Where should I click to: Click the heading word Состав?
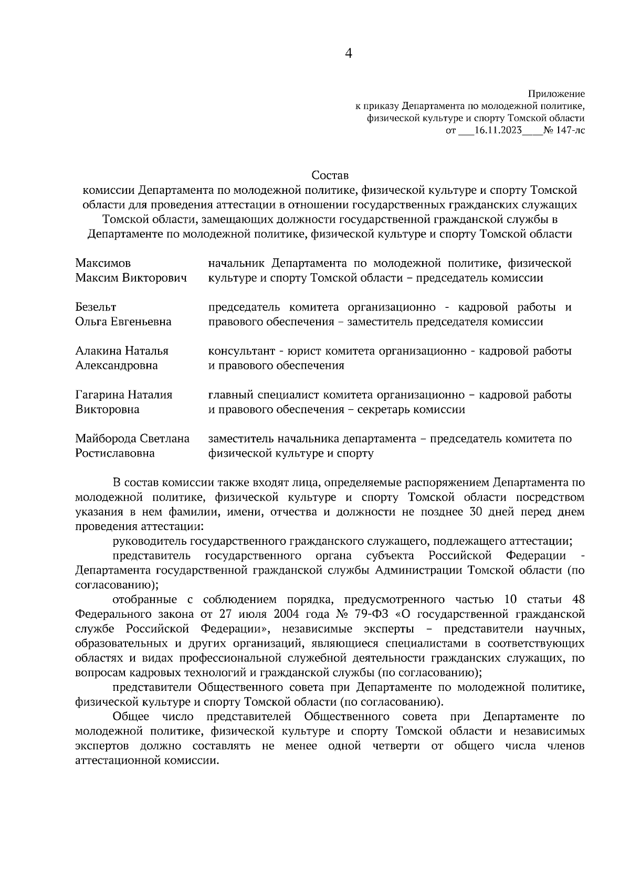[330, 174]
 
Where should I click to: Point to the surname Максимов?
[103, 263]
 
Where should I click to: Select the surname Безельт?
[96, 307]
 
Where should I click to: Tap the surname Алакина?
[99, 351]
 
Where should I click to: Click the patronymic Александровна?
[117, 366]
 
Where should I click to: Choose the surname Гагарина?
[101, 395]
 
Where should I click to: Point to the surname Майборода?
[105, 439]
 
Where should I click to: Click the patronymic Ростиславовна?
[115, 453]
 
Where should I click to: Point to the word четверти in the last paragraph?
[397, 746]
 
